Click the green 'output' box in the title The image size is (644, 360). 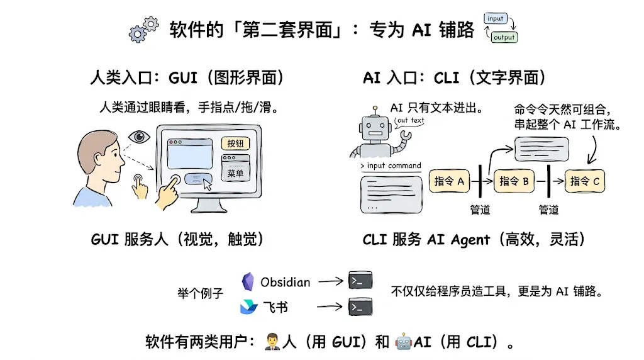(504, 37)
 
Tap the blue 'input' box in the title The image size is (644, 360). (496, 18)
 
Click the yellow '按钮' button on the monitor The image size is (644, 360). (235, 143)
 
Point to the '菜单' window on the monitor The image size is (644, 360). (235, 168)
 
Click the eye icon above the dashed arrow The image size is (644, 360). (139, 137)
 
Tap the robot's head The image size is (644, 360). (375, 128)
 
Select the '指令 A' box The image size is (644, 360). (449, 181)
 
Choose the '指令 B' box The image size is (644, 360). (514, 181)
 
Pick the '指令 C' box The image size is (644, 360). (585, 181)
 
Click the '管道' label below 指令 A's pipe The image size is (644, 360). (480, 210)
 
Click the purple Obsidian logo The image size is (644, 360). (248, 281)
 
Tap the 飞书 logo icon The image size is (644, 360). (249, 307)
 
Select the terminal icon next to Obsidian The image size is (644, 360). (360, 280)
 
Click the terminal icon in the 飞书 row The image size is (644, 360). (360, 307)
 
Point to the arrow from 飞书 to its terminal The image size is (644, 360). (330, 306)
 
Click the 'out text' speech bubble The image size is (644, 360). (409, 121)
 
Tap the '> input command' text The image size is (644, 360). (391, 166)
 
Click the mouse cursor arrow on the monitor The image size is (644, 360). (208, 185)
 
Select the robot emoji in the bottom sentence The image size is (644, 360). (403, 342)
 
